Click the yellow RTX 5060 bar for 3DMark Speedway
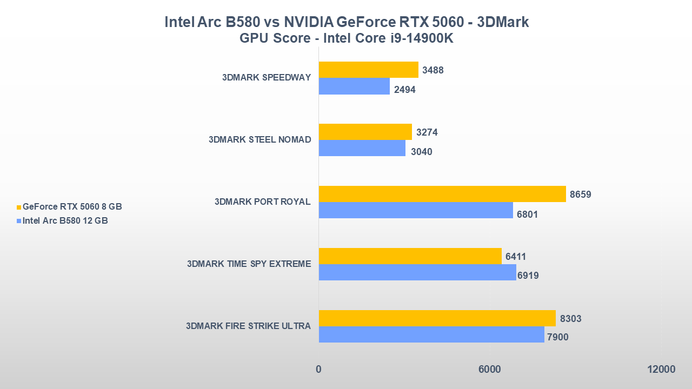[x=368, y=70]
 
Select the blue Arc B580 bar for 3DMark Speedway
[x=354, y=86]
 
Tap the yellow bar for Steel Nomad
[x=365, y=132]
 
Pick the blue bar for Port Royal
[x=416, y=210]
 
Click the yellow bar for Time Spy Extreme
[x=410, y=256]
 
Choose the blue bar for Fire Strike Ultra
[x=431, y=334]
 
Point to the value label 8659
[x=581, y=194]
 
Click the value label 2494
[x=404, y=90]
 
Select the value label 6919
[x=528, y=276]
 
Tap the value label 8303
[x=570, y=319]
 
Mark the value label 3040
[x=421, y=152]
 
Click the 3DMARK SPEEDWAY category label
[x=266, y=77]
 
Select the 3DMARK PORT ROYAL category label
[x=262, y=202]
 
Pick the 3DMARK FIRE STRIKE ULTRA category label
[x=248, y=326]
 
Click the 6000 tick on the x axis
[x=489, y=370]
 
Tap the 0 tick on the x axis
[x=318, y=370]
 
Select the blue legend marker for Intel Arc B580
[x=19, y=221]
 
